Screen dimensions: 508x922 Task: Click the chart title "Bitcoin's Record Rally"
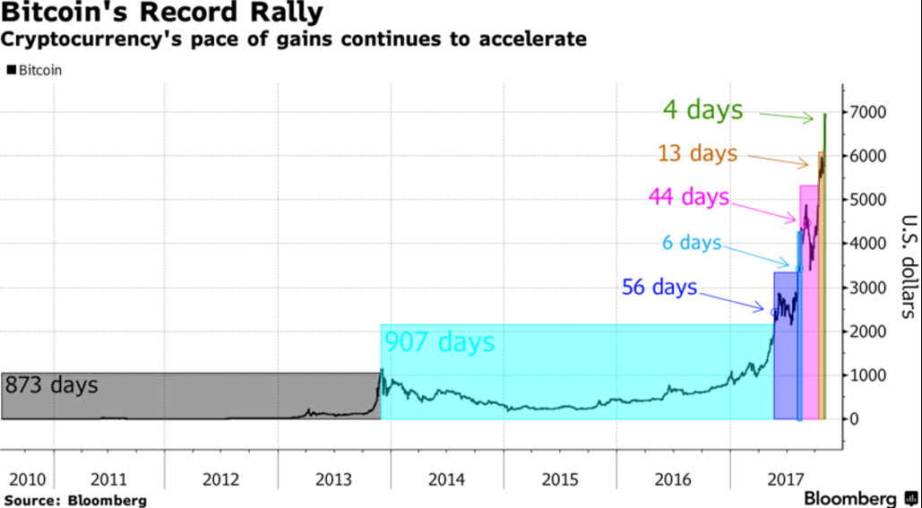click(x=162, y=14)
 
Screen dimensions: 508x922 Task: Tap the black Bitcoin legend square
click(x=11, y=69)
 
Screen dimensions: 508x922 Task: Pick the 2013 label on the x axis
click(x=333, y=478)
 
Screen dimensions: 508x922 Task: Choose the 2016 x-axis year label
click(x=672, y=478)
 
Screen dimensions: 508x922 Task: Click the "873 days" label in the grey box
click(x=52, y=386)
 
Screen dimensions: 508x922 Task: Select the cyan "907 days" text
click(x=439, y=341)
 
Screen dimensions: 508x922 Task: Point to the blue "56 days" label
click(x=659, y=288)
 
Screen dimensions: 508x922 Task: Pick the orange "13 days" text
click(x=697, y=153)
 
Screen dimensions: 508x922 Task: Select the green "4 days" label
click(x=702, y=109)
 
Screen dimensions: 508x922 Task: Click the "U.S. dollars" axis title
click(x=906, y=266)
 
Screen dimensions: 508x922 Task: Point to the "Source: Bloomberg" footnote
click(x=74, y=499)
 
